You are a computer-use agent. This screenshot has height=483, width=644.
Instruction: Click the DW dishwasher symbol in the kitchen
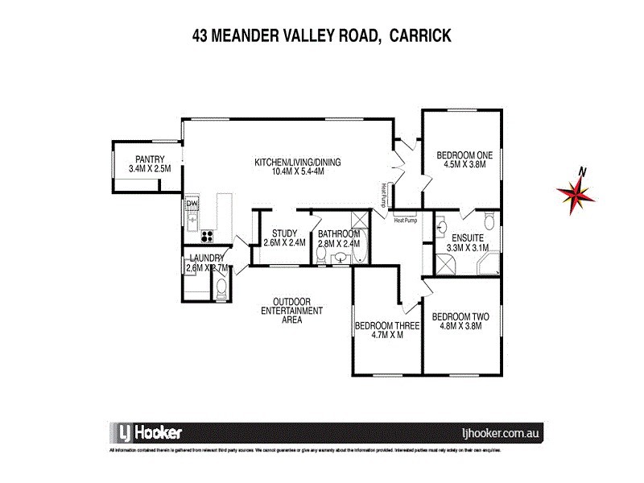tap(192, 204)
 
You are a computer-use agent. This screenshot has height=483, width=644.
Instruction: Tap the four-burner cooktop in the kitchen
tap(206, 236)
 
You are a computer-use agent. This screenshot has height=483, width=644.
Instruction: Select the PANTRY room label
tap(150, 159)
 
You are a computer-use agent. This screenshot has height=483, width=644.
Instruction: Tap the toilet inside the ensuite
tap(488, 223)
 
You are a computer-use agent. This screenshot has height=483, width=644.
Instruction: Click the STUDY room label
tap(285, 233)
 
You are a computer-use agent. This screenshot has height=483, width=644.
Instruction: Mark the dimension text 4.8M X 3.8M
tap(460, 326)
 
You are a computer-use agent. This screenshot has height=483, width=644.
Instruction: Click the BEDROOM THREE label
tap(387, 326)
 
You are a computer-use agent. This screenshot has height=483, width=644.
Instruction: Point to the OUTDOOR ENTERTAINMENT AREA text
tap(292, 311)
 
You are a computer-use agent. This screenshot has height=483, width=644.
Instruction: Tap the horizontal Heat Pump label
tap(404, 219)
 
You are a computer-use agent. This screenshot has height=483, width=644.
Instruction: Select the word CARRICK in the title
tap(419, 35)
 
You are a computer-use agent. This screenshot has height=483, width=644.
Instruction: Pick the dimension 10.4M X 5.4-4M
tap(298, 171)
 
